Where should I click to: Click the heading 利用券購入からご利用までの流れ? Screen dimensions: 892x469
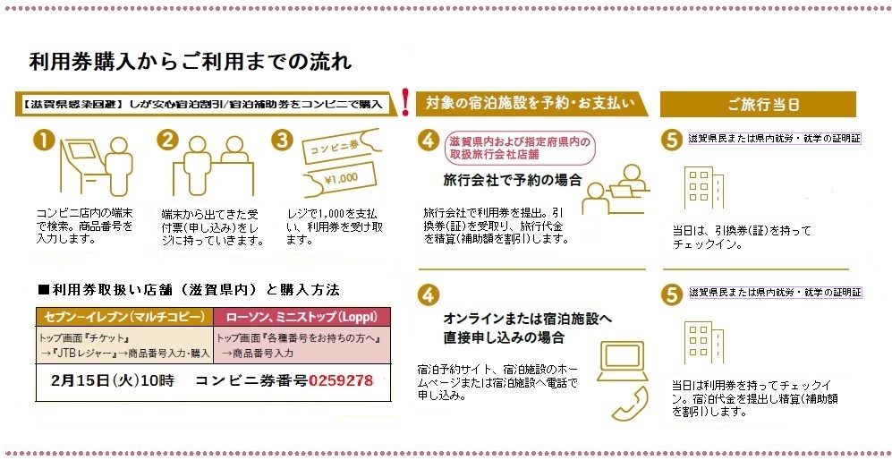[191, 62]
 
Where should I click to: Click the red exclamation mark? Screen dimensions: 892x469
[405, 102]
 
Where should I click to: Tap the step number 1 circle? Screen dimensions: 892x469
[45, 141]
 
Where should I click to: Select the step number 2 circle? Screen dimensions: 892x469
[167, 140]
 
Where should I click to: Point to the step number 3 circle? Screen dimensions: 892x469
[282, 140]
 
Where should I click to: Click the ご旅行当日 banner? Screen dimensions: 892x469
[758, 104]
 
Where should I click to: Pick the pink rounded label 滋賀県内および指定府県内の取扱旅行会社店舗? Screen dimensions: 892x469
[520, 148]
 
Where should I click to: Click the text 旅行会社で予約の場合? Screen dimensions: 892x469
[512, 181]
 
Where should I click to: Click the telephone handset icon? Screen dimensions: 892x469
[630, 405]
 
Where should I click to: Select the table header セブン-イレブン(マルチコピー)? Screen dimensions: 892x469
[124, 317]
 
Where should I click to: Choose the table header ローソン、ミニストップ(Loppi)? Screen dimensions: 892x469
[302, 317]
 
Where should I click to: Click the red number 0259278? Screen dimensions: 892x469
[341, 380]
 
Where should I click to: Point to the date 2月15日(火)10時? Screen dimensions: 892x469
[113, 380]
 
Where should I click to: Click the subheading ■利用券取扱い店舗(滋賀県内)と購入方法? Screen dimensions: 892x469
[189, 290]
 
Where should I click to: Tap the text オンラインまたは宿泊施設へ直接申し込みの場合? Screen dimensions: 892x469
[527, 328]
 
